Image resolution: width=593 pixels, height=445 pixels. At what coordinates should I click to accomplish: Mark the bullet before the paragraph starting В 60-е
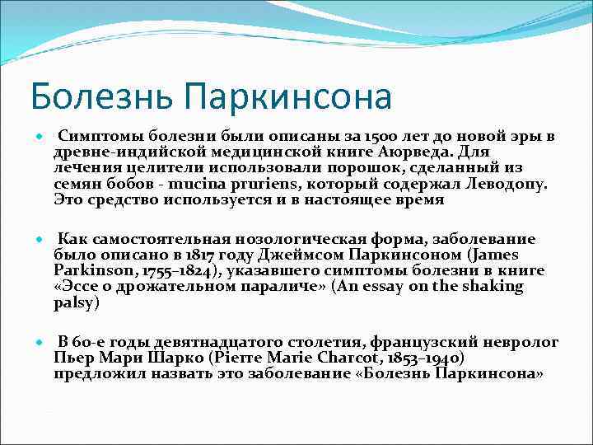tap(37, 342)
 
